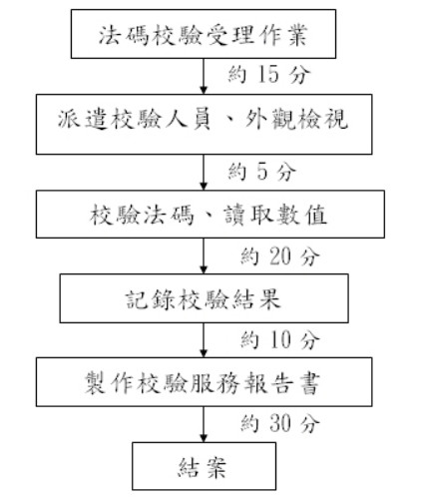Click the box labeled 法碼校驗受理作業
pyautogui.click(x=204, y=34)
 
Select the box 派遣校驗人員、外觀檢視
pyautogui.click(x=204, y=125)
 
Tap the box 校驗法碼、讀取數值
pyautogui.click(x=210, y=215)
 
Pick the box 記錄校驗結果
pyautogui.click(x=204, y=298)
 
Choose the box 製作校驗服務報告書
pyautogui.click(x=204, y=382)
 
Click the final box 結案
pyautogui.click(x=204, y=466)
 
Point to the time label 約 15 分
pyautogui.click(x=269, y=74)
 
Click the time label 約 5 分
pyautogui.click(x=261, y=172)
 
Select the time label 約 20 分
pyautogui.click(x=280, y=256)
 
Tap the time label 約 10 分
pyautogui.click(x=280, y=340)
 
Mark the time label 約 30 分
pyautogui.click(x=280, y=423)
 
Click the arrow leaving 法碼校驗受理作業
pyautogui.click(x=204, y=76)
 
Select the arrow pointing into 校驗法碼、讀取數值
pyautogui.click(x=204, y=173)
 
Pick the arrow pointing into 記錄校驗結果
pyautogui.click(x=204, y=255)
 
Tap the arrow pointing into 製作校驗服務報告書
pyautogui.click(x=204, y=340)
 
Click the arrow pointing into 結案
pyautogui.click(x=204, y=424)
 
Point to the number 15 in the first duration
pyautogui.click(x=268, y=74)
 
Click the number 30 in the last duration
pyautogui.click(x=280, y=423)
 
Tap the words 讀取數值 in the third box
pyautogui.click(x=275, y=215)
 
